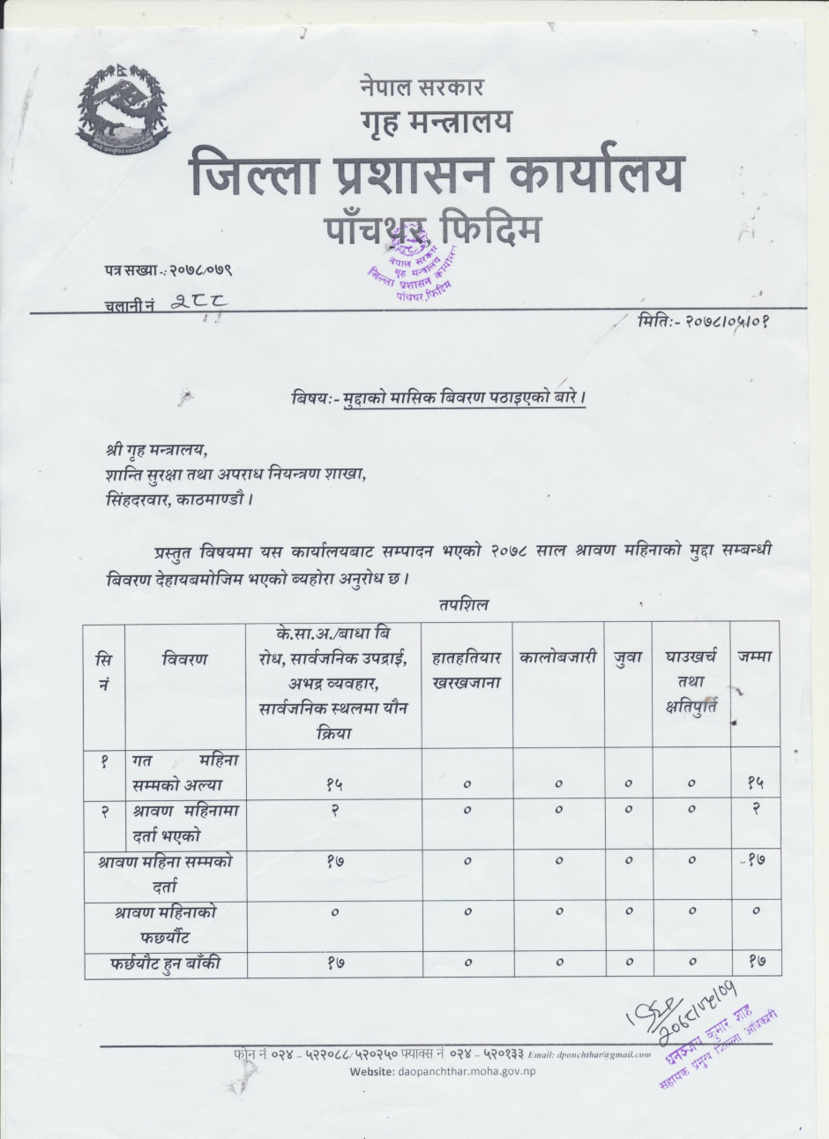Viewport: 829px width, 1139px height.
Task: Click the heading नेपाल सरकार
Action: [421, 87]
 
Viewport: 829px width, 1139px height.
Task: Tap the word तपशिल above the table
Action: [462, 605]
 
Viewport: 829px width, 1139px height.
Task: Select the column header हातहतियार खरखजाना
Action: [467, 671]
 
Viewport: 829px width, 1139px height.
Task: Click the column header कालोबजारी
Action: [558, 657]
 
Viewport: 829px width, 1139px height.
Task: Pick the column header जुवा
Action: [628, 657]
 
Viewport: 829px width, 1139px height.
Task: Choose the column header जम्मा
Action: [755, 657]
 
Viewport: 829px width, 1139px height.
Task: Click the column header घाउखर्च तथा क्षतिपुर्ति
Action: [691, 681]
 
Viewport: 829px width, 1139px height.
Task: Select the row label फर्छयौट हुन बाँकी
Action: [166, 963]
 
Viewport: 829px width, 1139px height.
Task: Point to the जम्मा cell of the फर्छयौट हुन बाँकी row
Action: [755, 963]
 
